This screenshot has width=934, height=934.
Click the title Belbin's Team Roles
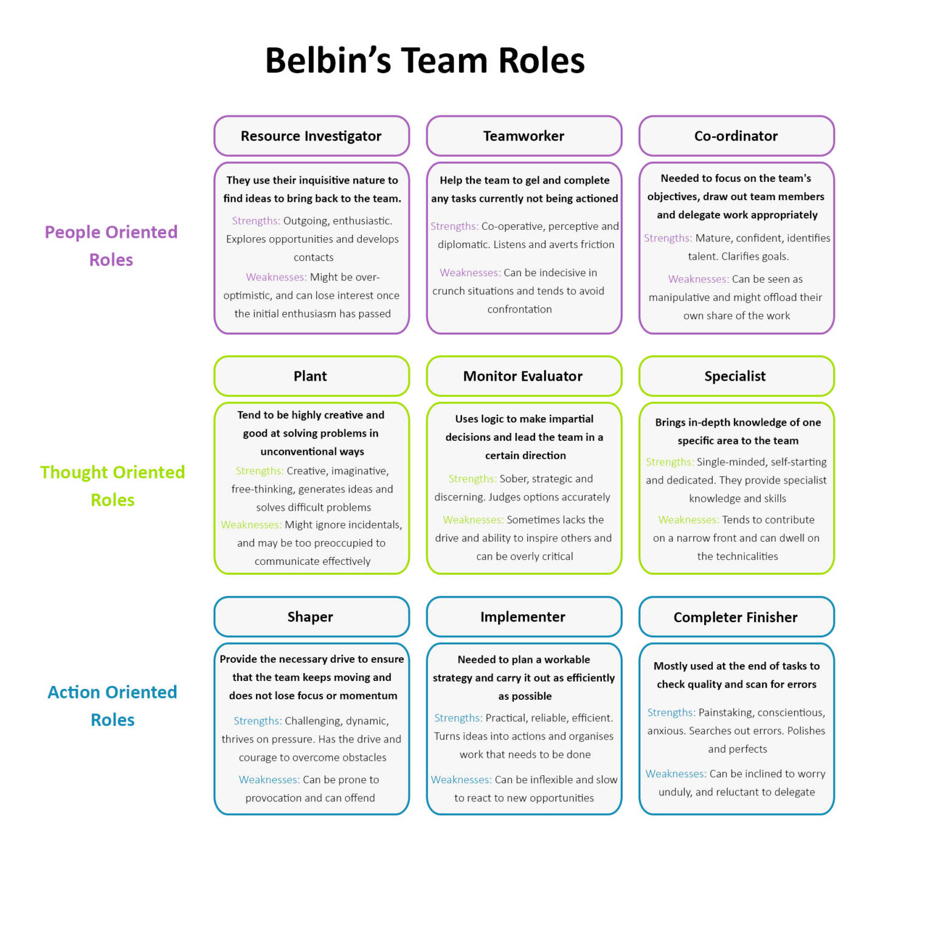424,61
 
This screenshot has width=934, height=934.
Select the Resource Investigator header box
311,136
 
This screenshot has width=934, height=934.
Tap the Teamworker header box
524,136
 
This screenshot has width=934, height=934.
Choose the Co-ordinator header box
736,136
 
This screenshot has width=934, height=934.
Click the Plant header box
311,376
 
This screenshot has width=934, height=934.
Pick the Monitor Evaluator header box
523,376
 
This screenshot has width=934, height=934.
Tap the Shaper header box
311,617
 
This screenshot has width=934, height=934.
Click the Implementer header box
523,617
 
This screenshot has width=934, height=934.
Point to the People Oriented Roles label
111,246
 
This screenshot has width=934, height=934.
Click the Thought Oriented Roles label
112,486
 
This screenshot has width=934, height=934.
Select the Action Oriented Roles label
112,706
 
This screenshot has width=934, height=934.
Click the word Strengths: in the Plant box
260,471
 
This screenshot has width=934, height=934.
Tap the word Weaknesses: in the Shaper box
269,780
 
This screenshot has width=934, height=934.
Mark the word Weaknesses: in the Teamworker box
470,273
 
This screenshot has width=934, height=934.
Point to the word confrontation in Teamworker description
520,310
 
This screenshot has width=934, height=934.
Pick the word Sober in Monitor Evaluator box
513,479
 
